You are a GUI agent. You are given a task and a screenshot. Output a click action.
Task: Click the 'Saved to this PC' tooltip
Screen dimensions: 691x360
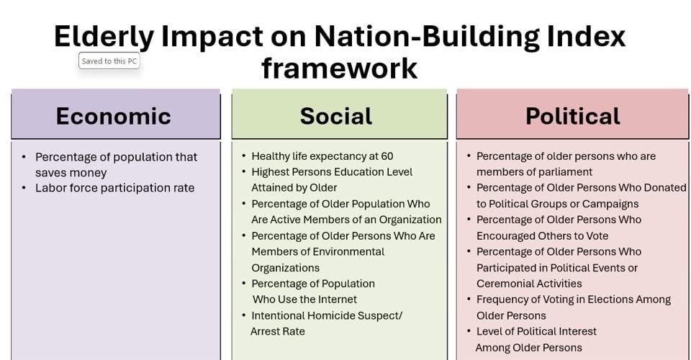coord(109,61)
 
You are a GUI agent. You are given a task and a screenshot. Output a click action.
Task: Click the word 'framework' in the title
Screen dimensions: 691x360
coord(339,68)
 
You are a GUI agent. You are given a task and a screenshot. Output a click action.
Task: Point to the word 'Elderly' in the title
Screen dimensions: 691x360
coord(104,36)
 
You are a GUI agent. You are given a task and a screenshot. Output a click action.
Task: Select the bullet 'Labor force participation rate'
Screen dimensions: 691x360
coord(114,188)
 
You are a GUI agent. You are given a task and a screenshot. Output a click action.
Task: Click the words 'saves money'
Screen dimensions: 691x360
coord(71,173)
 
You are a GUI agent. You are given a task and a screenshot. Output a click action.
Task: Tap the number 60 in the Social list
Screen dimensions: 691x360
coord(387,156)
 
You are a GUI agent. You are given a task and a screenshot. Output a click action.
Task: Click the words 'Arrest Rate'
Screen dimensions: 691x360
coord(278,331)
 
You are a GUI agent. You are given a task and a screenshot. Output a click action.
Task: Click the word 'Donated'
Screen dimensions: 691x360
coord(665,188)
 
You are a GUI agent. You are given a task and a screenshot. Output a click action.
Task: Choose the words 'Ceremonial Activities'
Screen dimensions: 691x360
coord(529,284)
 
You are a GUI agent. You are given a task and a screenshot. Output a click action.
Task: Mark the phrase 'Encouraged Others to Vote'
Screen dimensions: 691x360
coord(543,235)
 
